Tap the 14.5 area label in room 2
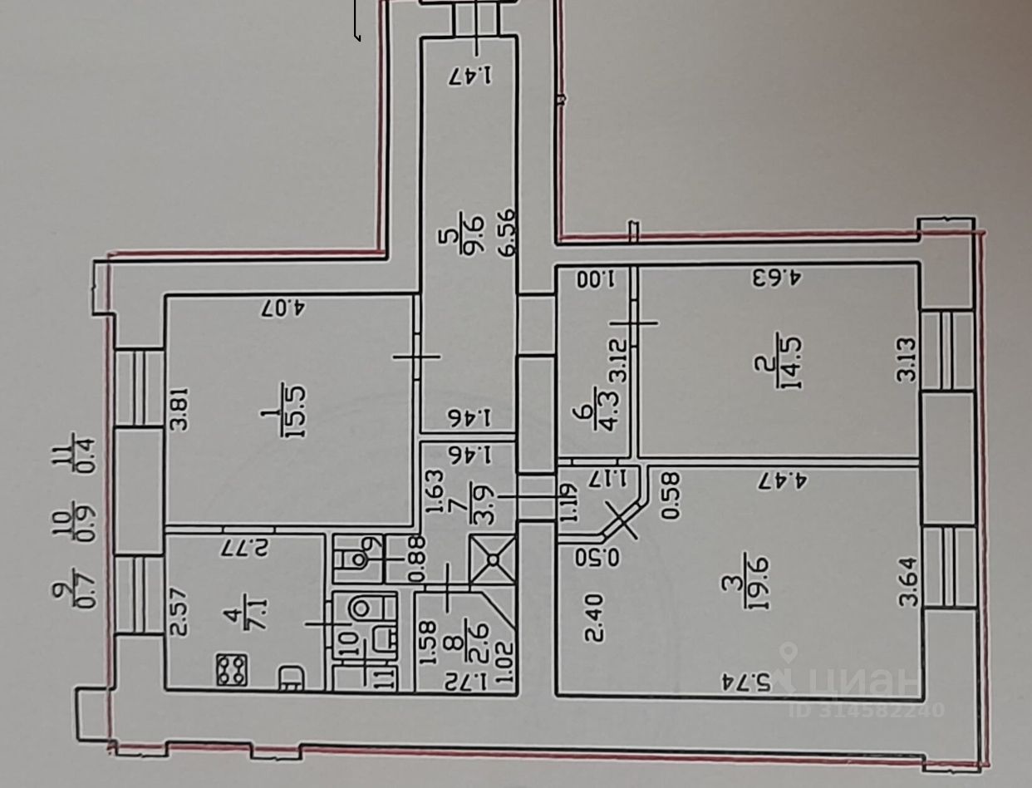(x=788, y=361)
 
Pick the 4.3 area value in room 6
(x=609, y=414)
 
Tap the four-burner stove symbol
(x=233, y=670)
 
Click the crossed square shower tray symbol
(x=492, y=560)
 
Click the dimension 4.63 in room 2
(x=776, y=276)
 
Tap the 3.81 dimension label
(x=178, y=411)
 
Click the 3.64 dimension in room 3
(x=909, y=583)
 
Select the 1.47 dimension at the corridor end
(x=469, y=76)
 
